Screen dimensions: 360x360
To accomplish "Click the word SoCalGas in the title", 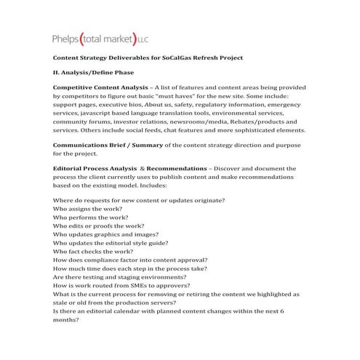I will point(194,57).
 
